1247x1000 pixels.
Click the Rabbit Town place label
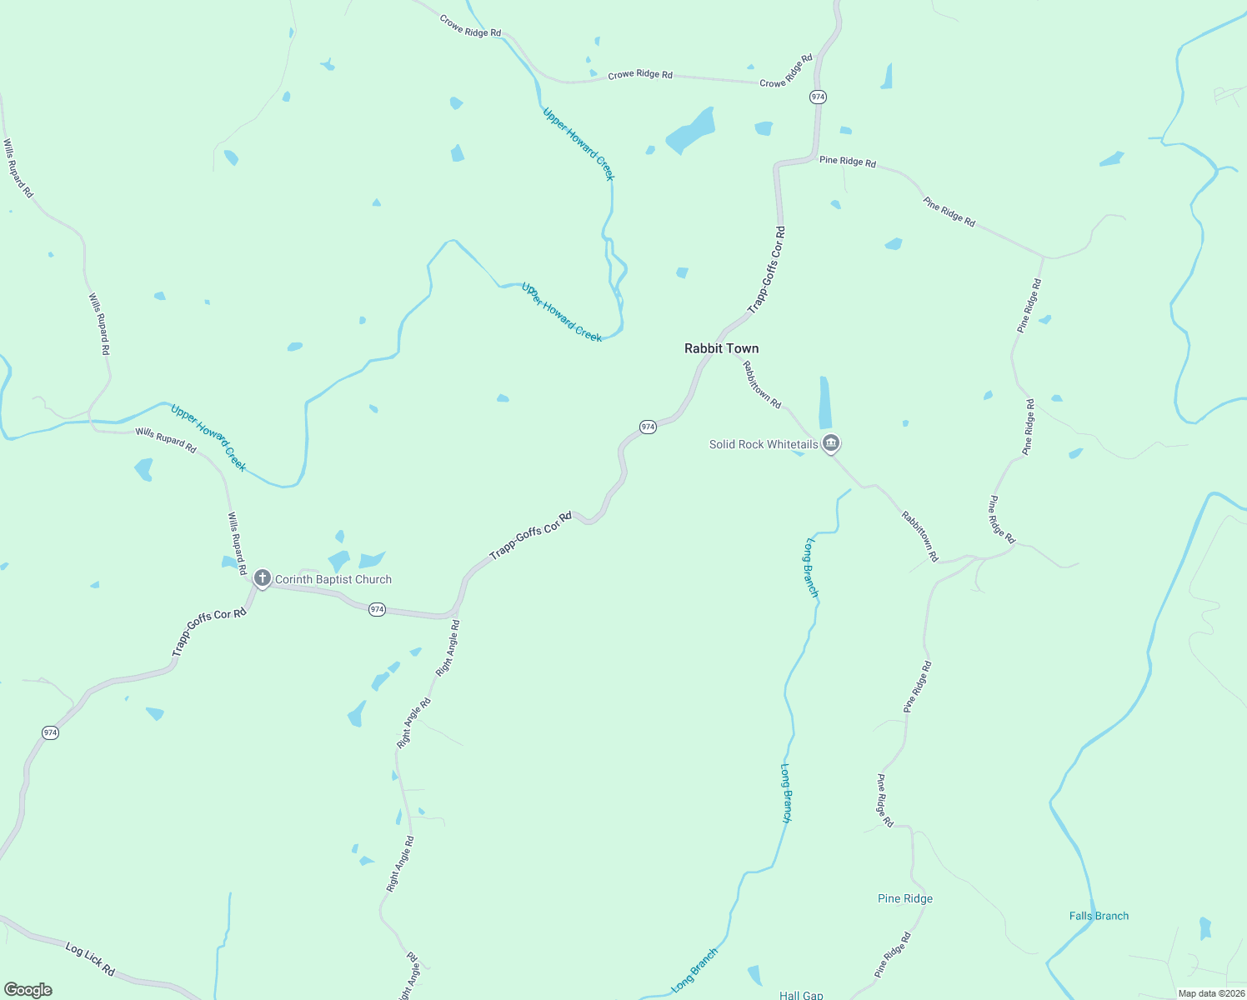[721, 348]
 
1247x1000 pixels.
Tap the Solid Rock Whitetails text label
[764, 444]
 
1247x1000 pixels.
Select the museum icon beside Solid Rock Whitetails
[830, 442]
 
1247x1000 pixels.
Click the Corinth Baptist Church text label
[333, 579]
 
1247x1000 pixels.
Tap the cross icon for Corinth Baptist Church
[262, 577]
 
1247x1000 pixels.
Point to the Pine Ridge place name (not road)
[904, 898]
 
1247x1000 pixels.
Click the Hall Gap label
[800, 995]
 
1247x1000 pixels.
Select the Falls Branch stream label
[1099, 916]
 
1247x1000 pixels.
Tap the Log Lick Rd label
[90, 959]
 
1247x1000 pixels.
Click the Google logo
[28, 990]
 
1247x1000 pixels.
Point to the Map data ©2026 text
[1211, 993]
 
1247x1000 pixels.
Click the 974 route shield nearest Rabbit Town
[648, 427]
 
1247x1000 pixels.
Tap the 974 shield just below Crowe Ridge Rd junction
[817, 97]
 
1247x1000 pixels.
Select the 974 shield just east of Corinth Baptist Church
[377, 609]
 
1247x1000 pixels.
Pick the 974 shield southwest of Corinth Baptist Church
[50, 732]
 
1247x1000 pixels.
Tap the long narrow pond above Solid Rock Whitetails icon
[824, 402]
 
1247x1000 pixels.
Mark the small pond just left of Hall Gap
[755, 974]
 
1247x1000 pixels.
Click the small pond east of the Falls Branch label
[1204, 927]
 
